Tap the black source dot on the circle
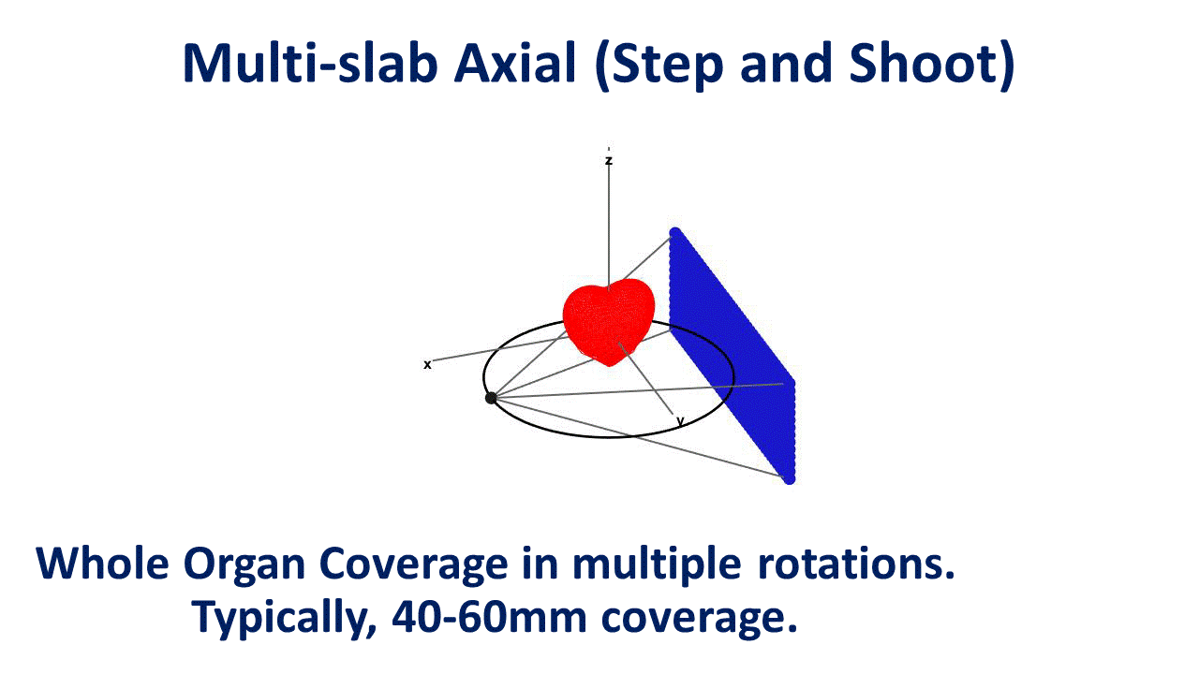pos(491,398)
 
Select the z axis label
pos(609,161)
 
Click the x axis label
pos(427,364)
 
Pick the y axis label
pos(680,421)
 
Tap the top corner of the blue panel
pos(674,231)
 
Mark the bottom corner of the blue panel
pos(789,478)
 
